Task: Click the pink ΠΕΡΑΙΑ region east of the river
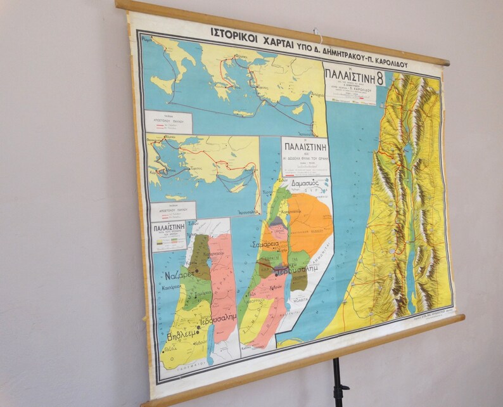(222, 279)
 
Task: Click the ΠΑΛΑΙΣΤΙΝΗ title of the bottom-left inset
(169, 226)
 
